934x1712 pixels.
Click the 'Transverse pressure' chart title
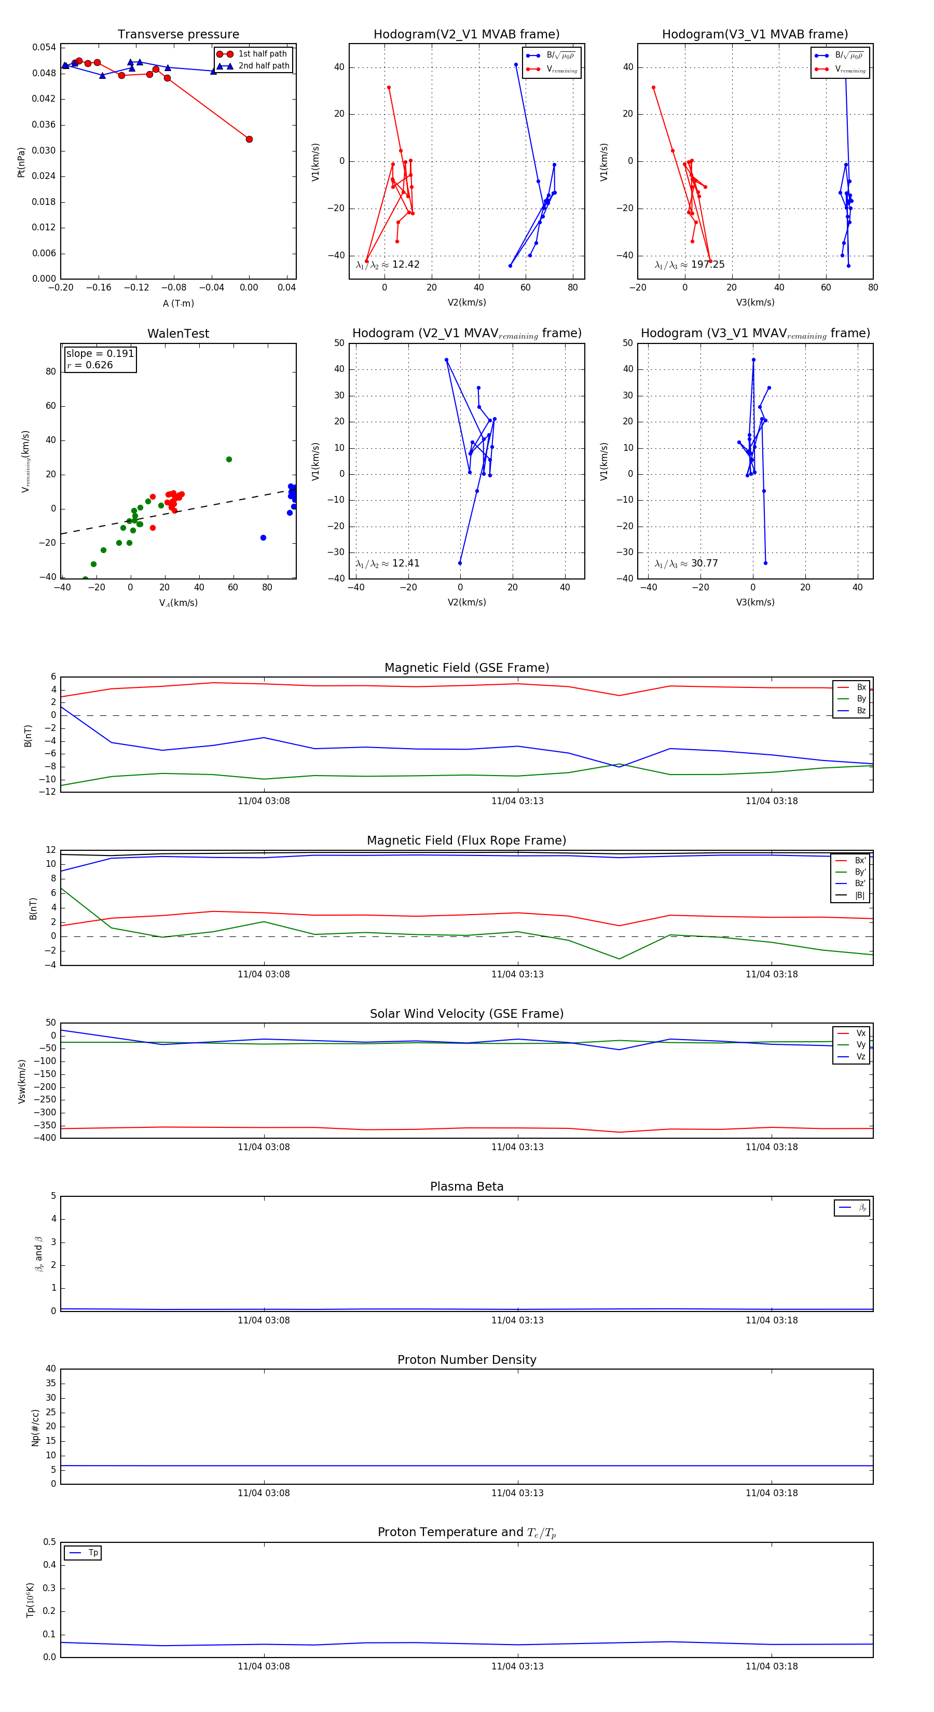tap(178, 35)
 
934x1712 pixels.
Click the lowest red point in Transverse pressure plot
tap(249, 139)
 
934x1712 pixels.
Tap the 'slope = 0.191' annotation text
tap(100, 354)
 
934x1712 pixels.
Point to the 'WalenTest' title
tap(178, 334)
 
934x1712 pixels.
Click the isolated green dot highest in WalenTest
tap(229, 459)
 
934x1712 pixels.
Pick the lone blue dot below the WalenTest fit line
tap(263, 537)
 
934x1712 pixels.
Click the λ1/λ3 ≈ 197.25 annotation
tap(690, 265)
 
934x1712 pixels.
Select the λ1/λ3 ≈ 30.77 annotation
tap(686, 563)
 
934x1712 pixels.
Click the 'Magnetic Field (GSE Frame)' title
tap(466, 668)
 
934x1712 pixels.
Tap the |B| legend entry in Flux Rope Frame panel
tap(859, 895)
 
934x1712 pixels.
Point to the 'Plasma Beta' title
tap(466, 1186)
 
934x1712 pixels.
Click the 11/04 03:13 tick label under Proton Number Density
tap(517, 1493)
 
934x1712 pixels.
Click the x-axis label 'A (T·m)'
tap(178, 303)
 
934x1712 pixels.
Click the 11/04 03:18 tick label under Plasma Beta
tap(771, 1320)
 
